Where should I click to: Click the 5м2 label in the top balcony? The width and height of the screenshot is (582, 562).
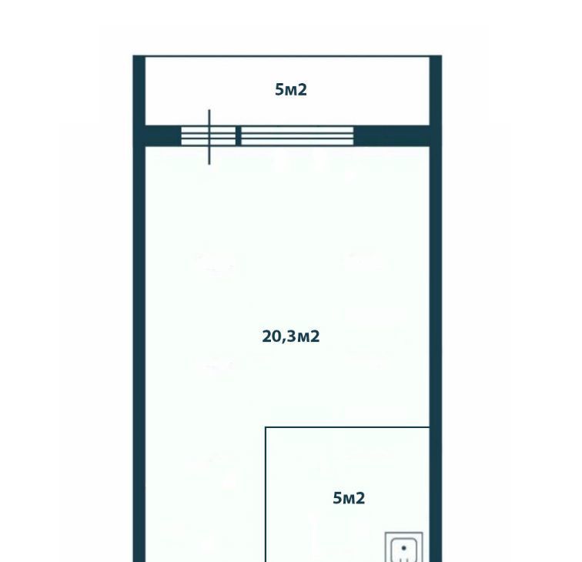point(291,90)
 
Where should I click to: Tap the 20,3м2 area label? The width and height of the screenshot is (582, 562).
point(291,336)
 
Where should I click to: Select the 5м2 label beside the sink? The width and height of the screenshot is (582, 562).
point(349,498)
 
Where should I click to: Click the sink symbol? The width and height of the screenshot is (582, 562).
point(404,547)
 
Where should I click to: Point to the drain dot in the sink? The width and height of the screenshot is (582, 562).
point(404,548)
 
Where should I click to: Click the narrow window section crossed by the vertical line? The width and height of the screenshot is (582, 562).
point(208,135)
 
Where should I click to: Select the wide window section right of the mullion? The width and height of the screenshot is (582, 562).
point(297,135)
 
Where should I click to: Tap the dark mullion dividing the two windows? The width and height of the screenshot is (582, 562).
point(239,135)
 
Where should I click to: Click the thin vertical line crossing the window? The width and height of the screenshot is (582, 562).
point(209,137)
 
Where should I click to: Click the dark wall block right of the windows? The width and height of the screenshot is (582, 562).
point(392,135)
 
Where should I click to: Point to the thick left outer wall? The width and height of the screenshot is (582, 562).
point(139,309)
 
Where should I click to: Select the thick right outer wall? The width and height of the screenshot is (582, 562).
point(436,309)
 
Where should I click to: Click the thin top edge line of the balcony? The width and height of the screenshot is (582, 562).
point(287,56)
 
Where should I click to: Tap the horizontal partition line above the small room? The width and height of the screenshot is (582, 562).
point(347,427)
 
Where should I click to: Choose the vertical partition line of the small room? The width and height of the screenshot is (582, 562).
point(266,494)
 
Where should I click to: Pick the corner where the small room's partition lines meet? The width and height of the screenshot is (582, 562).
point(266,427)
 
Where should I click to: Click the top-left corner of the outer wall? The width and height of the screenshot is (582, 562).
point(133,55)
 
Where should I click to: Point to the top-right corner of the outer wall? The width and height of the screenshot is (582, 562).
point(442,55)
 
